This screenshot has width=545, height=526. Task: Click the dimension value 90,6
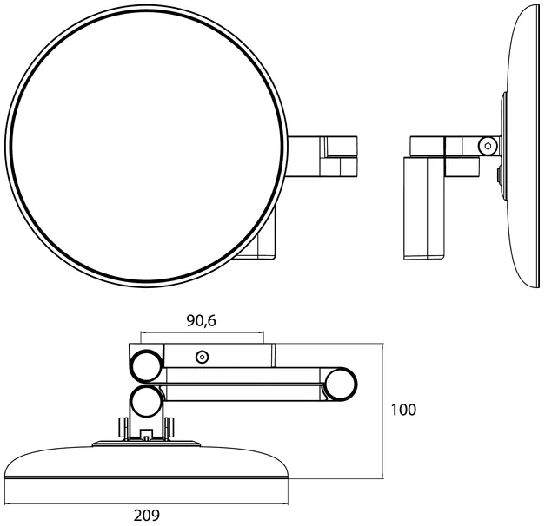(x=202, y=321)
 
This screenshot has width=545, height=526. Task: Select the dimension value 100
(x=403, y=410)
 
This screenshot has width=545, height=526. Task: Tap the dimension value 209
(x=147, y=516)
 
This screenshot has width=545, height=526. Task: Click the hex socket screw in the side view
(x=487, y=146)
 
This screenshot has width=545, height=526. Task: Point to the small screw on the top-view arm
(x=202, y=357)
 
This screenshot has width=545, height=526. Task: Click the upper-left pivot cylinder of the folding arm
(x=146, y=366)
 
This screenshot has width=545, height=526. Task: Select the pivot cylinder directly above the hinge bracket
(x=146, y=401)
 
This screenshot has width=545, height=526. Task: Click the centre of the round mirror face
(x=146, y=146)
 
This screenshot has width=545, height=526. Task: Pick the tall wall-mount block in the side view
(x=424, y=208)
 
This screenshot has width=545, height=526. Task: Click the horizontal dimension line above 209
(x=147, y=503)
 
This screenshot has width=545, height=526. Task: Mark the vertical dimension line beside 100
(x=382, y=411)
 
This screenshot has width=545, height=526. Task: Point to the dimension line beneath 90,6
(x=203, y=332)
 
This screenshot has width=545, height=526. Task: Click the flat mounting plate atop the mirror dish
(x=146, y=444)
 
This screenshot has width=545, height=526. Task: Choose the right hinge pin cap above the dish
(x=169, y=427)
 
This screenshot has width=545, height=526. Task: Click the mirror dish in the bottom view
(x=146, y=462)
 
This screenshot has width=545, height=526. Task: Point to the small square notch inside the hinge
(x=146, y=434)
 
